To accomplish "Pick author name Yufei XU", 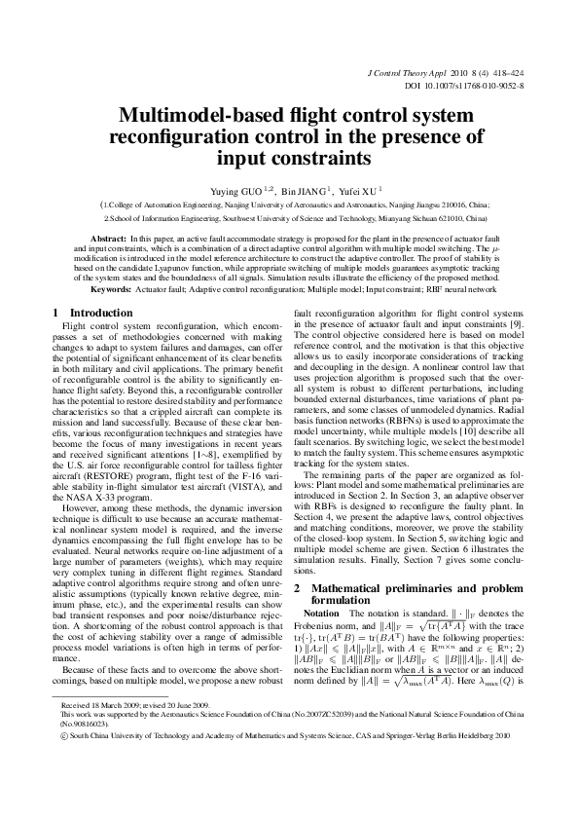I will tap(363, 190).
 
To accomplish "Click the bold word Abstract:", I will tap(108, 239).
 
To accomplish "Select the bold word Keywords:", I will tap(113, 291).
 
